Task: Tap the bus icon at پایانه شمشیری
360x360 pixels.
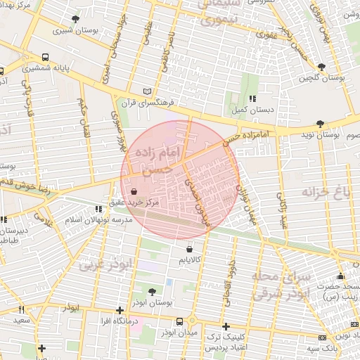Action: pyautogui.click(x=46, y=56)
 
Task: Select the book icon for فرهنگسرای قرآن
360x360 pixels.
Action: pyautogui.click(x=147, y=91)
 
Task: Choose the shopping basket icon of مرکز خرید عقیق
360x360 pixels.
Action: pyautogui.click(x=134, y=191)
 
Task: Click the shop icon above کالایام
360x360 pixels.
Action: pyautogui.click(x=190, y=249)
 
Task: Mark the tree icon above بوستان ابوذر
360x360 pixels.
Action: pyautogui.click(x=153, y=290)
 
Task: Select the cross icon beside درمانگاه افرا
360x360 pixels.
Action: pyautogui.click(x=120, y=310)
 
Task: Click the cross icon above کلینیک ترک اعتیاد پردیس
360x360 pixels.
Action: pyautogui.click(x=226, y=326)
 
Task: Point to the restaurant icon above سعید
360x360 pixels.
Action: pyautogui.click(x=21, y=309)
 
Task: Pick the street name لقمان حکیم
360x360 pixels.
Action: pyautogui.click(x=84, y=112)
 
